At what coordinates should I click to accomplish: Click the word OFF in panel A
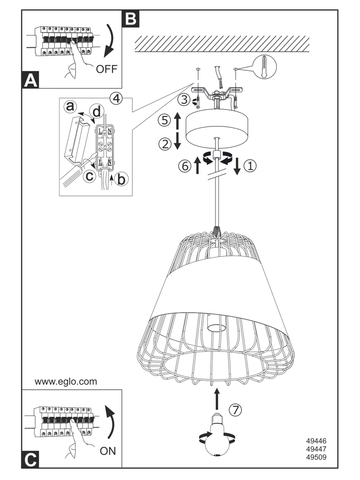106,69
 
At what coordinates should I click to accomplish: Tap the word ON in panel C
108,451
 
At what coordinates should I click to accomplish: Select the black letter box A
31,80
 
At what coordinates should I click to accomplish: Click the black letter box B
131,18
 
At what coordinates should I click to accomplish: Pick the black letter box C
31,460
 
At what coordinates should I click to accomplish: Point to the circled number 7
236,409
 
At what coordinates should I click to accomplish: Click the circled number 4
116,98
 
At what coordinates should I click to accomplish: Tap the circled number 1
250,165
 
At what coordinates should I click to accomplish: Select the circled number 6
185,166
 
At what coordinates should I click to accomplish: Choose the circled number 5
165,120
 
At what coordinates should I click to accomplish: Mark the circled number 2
165,144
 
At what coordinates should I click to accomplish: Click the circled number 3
184,99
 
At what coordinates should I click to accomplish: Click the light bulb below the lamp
217,435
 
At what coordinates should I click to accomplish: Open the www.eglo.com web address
66,381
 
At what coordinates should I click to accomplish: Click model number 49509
316,457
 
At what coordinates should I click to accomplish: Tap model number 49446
316,441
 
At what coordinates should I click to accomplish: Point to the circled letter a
70,107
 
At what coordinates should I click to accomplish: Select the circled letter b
121,179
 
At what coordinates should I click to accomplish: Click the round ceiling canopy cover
217,130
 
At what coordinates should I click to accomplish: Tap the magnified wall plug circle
265,67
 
